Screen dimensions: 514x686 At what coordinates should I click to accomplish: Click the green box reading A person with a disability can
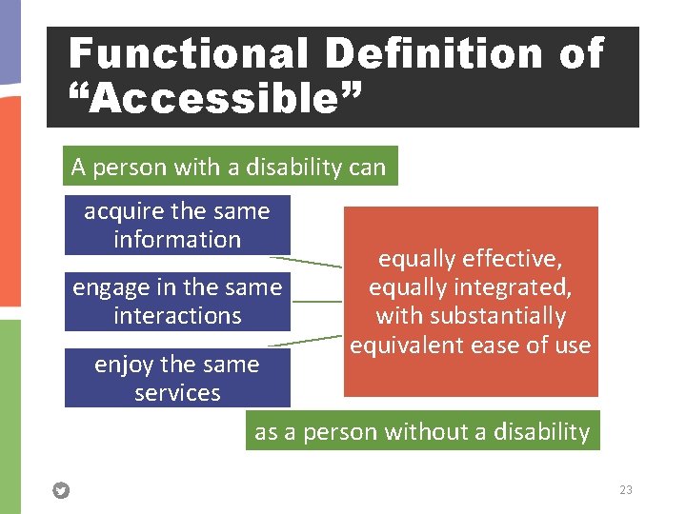coord(229,168)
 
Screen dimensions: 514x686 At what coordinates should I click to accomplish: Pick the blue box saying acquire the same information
coord(177,226)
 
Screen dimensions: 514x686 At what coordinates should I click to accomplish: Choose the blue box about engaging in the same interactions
coord(177,301)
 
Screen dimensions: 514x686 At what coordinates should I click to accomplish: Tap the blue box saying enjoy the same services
coord(177,378)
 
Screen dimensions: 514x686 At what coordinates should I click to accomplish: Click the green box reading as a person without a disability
coord(422,431)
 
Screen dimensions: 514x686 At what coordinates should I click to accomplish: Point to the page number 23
coord(625,490)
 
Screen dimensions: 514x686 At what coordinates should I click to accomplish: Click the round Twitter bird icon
coord(61,491)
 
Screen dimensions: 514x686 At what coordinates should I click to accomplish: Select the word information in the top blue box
coord(177,240)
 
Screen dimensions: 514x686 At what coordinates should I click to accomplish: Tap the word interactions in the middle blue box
coord(177,316)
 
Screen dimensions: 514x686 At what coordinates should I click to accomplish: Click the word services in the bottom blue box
coord(177,393)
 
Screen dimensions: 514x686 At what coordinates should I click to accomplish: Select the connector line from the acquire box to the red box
coord(305,261)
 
